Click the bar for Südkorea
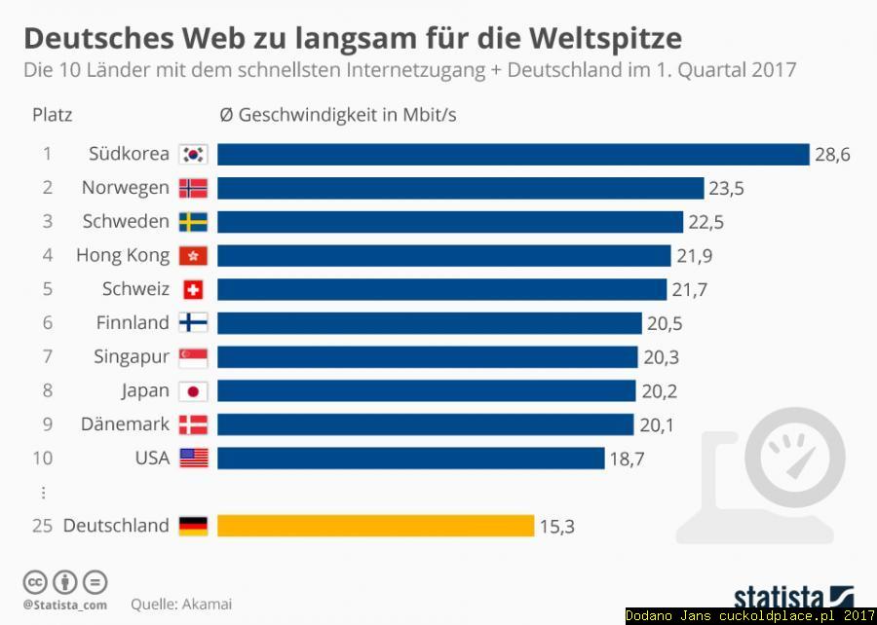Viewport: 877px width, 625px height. point(514,155)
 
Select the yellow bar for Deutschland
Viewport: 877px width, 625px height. point(375,526)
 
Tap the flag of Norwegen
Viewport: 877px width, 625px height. point(193,188)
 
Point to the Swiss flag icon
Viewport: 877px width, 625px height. point(193,289)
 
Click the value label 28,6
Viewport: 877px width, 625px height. point(832,155)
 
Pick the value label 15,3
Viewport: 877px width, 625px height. point(556,527)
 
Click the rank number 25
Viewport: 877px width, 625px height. point(42,526)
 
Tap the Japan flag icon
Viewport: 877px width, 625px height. point(193,390)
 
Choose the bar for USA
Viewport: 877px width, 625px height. point(410,459)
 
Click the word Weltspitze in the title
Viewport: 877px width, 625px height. point(605,38)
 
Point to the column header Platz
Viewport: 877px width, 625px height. point(53,115)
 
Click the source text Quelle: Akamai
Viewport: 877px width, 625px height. point(181,604)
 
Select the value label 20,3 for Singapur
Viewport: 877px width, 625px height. point(661,357)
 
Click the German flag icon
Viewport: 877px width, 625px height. point(193,526)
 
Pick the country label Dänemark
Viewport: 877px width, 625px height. point(125,424)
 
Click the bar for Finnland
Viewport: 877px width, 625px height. point(429,323)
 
